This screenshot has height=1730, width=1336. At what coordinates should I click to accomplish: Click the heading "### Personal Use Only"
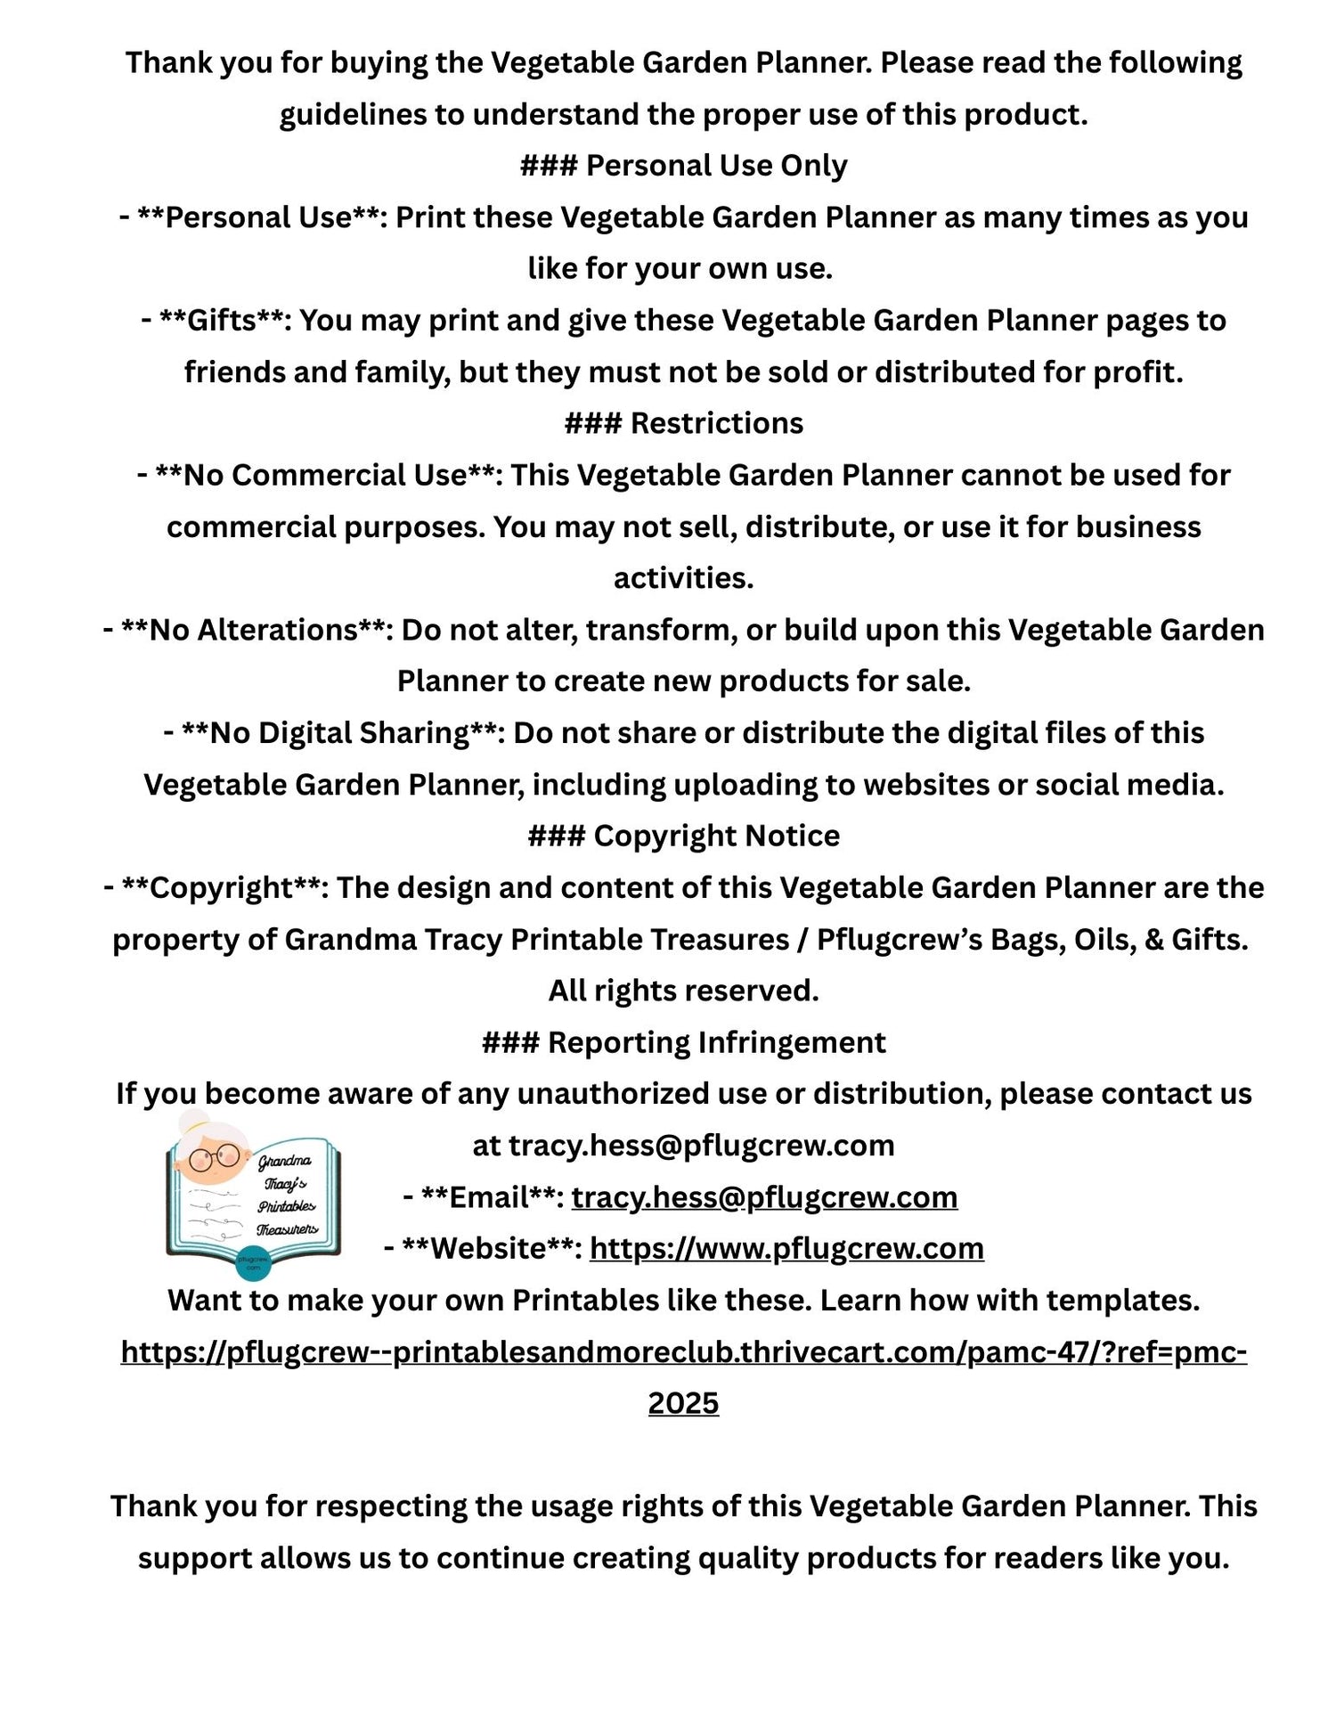pyautogui.click(x=683, y=166)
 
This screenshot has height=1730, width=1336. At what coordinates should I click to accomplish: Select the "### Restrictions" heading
pyautogui.click(x=683, y=423)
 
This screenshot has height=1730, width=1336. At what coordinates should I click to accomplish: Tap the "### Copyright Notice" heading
pyautogui.click(x=683, y=836)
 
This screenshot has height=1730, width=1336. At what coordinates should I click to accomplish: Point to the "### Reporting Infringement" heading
pyautogui.click(x=683, y=1042)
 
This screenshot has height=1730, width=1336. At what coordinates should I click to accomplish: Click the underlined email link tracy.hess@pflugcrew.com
pyautogui.click(x=764, y=1197)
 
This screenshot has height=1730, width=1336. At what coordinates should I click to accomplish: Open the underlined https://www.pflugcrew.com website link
pyautogui.click(x=786, y=1249)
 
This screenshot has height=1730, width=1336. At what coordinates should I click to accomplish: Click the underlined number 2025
pyautogui.click(x=683, y=1403)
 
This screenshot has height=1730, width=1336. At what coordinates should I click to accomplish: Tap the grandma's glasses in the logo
pyautogui.click(x=214, y=1159)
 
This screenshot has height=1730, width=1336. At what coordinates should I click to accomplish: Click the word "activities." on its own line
pyautogui.click(x=683, y=578)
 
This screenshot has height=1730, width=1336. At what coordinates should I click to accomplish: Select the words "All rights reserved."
pyautogui.click(x=683, y=991)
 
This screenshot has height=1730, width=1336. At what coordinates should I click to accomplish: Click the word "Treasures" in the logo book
pyautogui.click(x=287, y=1230)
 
